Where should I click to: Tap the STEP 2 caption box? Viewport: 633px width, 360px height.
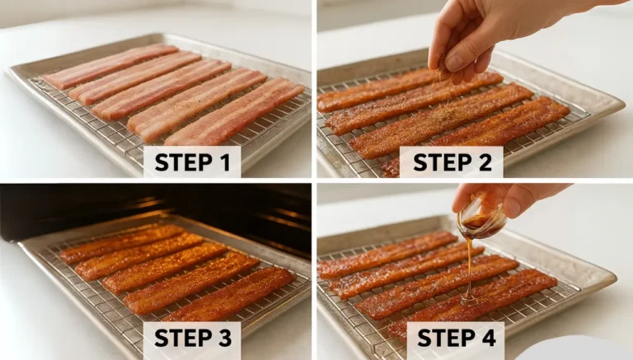coord(452,162)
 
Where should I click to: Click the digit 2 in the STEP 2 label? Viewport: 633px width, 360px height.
coord(487,162)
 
